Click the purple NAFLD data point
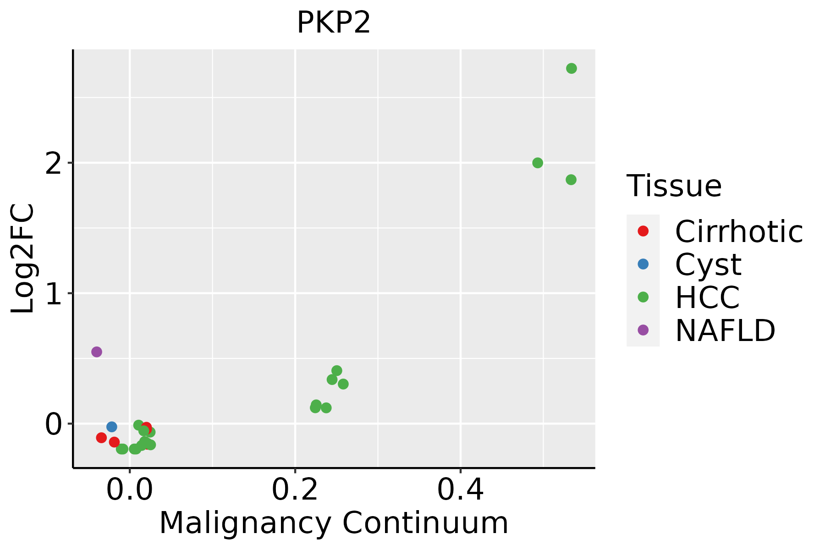[x=96, y=352]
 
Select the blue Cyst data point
[x=111, y=427]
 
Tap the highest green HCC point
[x=571, y=68]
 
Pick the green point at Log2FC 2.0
[x=538, y=163]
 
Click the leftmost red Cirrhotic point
[x=101, y=438]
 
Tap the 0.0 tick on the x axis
[x=130, y=489]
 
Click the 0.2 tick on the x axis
[x=295, y=489]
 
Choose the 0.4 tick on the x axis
[x=460, y=489]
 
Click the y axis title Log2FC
[x=23, y=259]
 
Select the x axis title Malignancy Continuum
[x=333, y=523]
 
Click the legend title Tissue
[x=674, y=186]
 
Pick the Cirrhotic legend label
[x=738, y=231]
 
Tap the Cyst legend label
[x=708, y=264]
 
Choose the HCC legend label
[x=707, y=297]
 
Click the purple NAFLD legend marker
[x=643, y=330]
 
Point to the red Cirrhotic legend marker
[x=643, y=231]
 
